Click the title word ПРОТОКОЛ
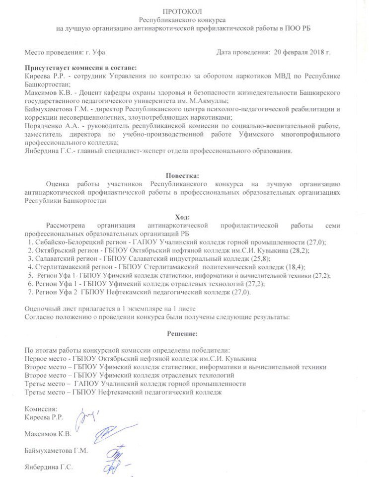(x=184, y=11)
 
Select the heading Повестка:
(x=184, y=175)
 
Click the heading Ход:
(x=184, y=217)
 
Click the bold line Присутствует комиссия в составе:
(x=81, y=68)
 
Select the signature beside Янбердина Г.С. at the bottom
(x=110, y=467)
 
